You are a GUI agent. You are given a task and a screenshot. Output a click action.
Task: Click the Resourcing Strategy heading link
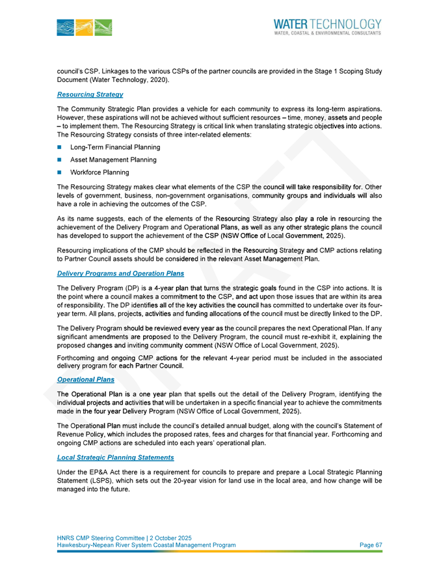coord(90,94)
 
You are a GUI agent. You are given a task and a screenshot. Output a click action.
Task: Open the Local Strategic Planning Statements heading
coord(115,458)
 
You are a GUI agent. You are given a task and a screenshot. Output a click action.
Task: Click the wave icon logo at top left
coord(84,27)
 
